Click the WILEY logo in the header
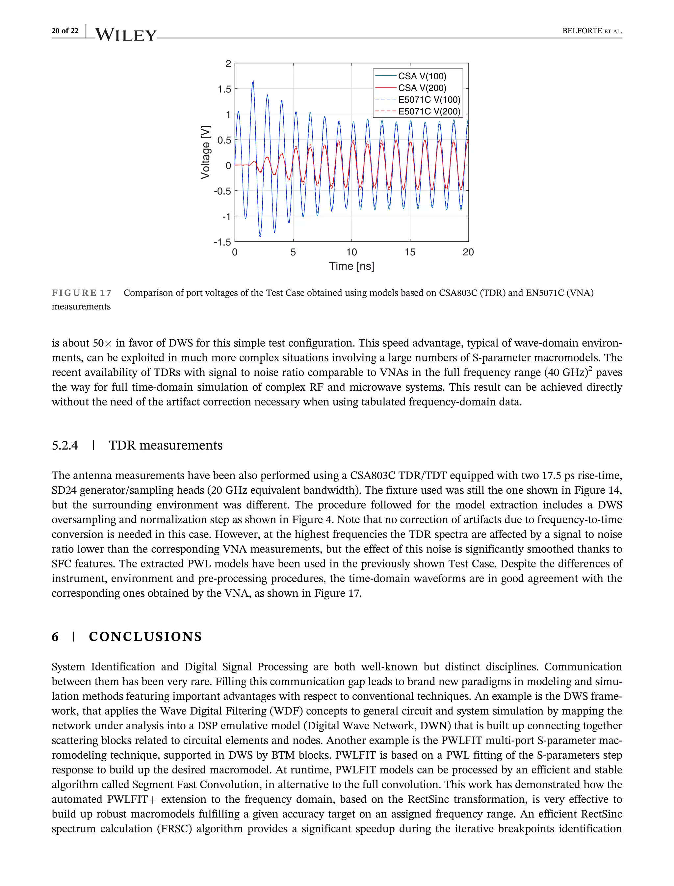pos(126,35)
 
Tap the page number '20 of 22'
pos(65,31)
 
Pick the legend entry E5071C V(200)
pos(429,111)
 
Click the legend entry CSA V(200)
pos(422,88)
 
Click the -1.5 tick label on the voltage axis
pos(223,242)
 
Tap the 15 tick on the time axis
pos(410,252)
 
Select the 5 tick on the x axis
pos(293,252)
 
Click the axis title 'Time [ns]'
pos(351,266)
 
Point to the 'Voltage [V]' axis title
pos(205,152)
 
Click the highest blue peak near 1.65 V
pos(253,81)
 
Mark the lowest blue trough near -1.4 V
pos(260,236)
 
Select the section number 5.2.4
pos(65,445)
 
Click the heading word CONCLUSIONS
pos(145,637)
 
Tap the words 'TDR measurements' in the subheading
pos(165,445)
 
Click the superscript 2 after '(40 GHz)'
pos(590,368)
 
